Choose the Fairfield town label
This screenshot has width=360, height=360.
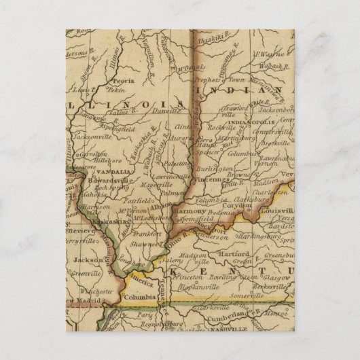(141, 201)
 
